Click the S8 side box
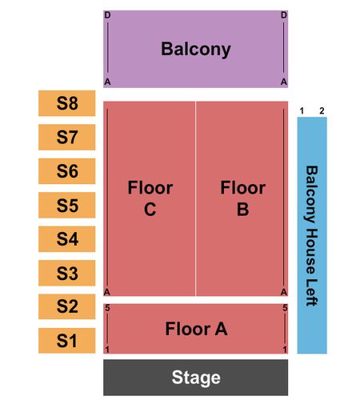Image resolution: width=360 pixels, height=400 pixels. pyautogui.click(x=66, y=103)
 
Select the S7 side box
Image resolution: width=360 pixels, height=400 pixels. pyautogui.click(x=66, y=137)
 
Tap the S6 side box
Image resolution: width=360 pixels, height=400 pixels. pyautogui.click(x=66, y=171)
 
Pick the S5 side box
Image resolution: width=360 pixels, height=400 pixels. pyautogui.click(x=66, y=205)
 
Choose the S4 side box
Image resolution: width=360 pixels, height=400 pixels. pyautogui.click(x=66, y=239)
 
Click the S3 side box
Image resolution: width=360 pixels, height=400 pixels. pyautogui.click(x=66, y=273)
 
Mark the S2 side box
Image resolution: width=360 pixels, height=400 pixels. pyautogui.click(x=66, y=306)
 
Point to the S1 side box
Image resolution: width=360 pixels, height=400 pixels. pyautogui.click(x=66, y=341)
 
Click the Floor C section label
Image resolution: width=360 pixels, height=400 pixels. pyautogui.click(x=150, y=198)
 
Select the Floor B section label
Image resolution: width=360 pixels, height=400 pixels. pyautogui.click(x=242, y=198)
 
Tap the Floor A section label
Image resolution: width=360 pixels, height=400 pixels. pyautogui.click(x=196, y=329)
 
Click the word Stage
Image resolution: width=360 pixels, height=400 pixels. pyautogui.click(x=196, y=378)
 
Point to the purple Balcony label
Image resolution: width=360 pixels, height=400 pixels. pyautogui.click(x=196, y=50)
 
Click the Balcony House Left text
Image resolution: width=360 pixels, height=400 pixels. pyautogui.click(x=311, y=236)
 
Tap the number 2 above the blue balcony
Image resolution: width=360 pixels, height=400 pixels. pyautogui.click(x=322, y=110)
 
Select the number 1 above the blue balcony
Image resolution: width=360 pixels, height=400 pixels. pyautogui.click(x=302, y=110)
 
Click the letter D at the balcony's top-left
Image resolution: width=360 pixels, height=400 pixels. pyautogui.click(x=107, y=15)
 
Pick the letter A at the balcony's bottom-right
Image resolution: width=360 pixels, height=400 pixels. pyautogui.click(x=284, y=82)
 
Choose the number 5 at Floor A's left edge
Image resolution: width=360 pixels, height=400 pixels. pyautogui.click(x=107, y=308)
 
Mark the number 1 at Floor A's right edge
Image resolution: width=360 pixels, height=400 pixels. pyautogui.click(x=285, y=350)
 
